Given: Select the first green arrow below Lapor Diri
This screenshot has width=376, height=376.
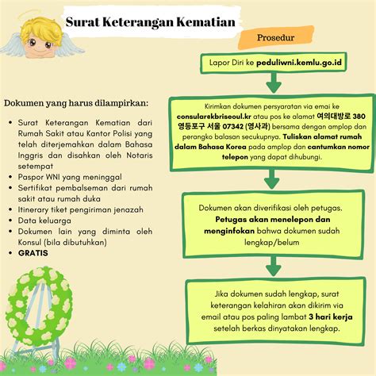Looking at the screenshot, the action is coord(273,82).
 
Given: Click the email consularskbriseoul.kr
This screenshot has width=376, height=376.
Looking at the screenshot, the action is coord(225,115).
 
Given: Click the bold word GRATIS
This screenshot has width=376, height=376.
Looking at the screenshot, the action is coord(34,253).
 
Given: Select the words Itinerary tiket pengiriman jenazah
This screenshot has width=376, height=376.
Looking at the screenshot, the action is coord(81,209).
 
